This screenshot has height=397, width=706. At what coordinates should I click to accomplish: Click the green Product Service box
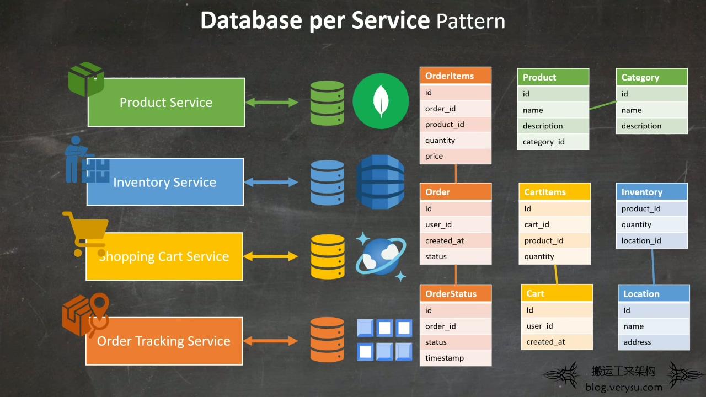(x=167, y=103)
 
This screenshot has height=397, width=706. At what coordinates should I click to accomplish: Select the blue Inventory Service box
(x=165, y=182)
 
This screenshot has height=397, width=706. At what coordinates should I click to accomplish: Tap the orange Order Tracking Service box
(x=164, y=341)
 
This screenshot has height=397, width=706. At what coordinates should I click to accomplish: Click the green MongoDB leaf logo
(x=381, y=101)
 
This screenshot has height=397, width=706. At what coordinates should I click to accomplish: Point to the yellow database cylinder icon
(x=328, y=256)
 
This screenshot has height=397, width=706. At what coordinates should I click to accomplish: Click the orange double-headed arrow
(x=270, y=341)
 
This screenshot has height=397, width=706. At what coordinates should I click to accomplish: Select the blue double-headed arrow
(x=271, y=182)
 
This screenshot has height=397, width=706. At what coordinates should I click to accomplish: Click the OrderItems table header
(x=456, y=76)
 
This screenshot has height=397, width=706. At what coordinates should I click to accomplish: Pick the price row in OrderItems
(x=456, y=156)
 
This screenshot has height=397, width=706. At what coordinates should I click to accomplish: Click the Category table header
(x=652, y=77)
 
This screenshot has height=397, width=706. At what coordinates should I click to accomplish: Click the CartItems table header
(x=554, y=192)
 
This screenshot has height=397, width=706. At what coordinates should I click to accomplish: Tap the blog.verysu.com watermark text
(x=624, y=387)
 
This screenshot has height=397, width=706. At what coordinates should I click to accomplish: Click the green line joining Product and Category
(x=603, y=105)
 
